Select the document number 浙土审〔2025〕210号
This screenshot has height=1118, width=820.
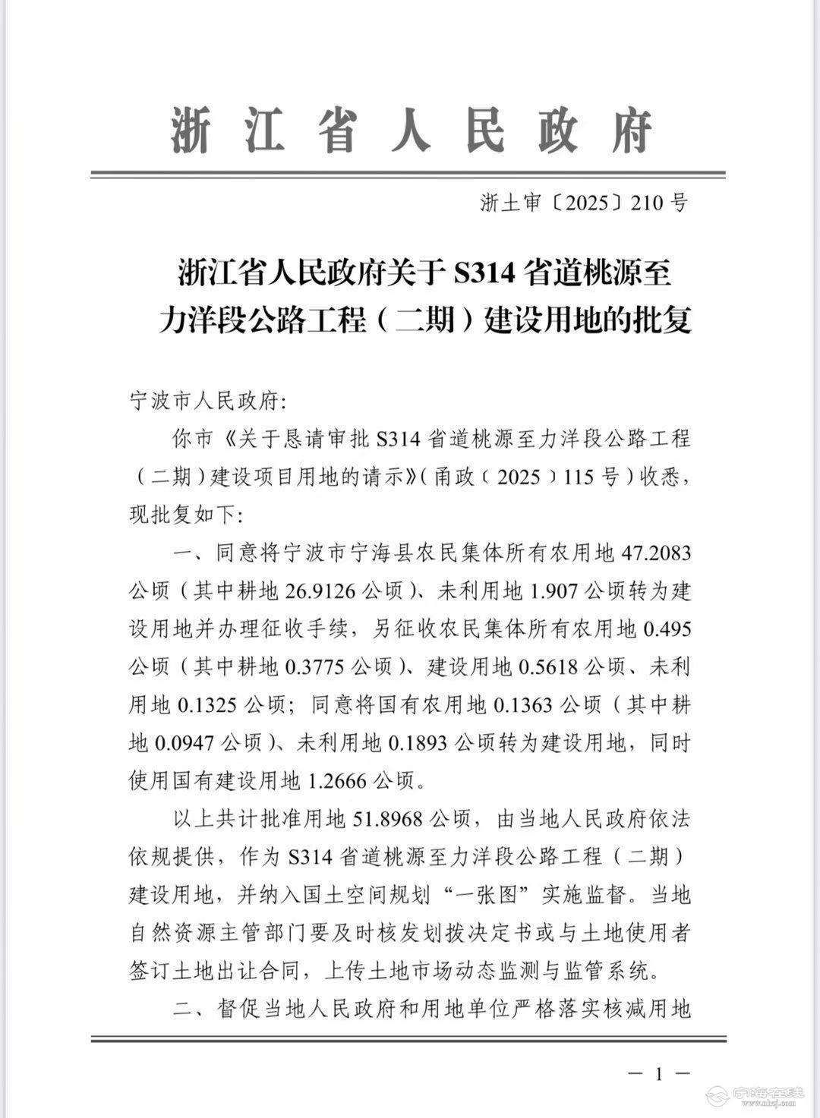click(584, 203)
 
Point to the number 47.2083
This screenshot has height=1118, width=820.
click(656, 552)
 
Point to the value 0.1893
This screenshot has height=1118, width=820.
click(419, 743)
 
